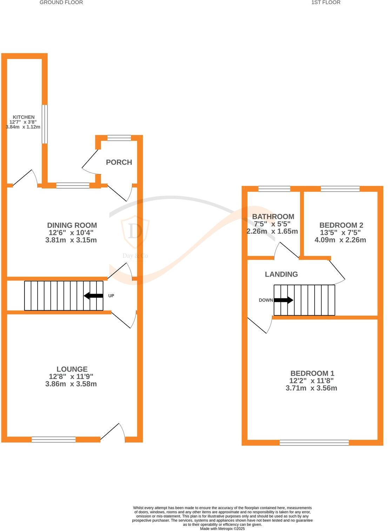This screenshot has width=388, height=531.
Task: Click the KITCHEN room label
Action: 24,117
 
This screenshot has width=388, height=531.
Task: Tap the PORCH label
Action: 119,162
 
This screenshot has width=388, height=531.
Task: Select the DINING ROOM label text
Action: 72,225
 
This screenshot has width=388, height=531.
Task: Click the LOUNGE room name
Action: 72,369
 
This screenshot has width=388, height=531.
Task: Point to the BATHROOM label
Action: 273,217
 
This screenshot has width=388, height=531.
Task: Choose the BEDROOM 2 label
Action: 341,225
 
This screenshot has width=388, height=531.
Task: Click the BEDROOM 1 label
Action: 312,373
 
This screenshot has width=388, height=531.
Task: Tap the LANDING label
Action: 281,274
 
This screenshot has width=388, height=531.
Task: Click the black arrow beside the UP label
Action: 93,296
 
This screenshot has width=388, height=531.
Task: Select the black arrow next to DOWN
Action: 283,300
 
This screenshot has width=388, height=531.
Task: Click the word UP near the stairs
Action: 111,296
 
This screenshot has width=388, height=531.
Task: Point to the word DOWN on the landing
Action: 266,300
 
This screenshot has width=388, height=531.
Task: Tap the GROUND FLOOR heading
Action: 61,2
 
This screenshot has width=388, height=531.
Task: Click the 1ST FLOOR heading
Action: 326,2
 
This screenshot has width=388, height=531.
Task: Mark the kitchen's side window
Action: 45,124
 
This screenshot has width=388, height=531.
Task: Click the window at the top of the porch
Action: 119,138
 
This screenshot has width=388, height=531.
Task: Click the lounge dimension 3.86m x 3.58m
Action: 71,384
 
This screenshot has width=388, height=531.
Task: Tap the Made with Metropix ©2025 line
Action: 222,529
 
